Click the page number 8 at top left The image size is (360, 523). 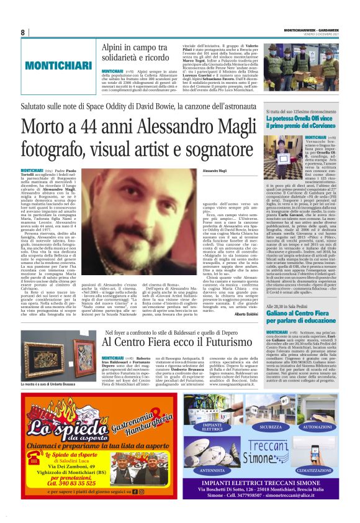22,33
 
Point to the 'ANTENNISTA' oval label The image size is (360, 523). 212,470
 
